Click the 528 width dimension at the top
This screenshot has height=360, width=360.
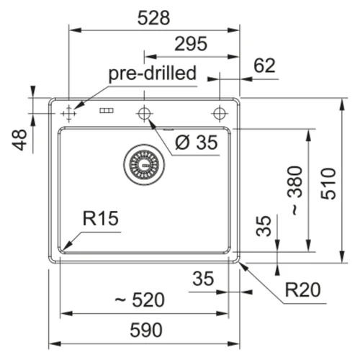[x=153, y=18]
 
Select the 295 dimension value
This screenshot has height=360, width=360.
[x=191, y=44]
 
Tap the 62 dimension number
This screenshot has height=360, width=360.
[x=264, y=66]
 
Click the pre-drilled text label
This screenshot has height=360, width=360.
[x=153, y=73]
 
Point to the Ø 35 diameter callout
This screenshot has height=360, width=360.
[x=197, y=143]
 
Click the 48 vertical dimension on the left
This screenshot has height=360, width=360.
[x=19, y=140]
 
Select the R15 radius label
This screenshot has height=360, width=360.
[x=101, y=218]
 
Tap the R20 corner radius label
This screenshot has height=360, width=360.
[x=302, y=290]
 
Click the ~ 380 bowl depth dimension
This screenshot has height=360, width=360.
[x=295, y=190]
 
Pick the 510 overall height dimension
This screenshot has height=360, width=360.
[x=328, y=184]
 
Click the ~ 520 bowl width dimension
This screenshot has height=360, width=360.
[x=140, y=300]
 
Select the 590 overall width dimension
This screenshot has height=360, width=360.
[x=146, y=330]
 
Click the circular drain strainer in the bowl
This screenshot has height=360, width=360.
[x=144, y=165]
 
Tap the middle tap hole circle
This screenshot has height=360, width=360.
[x=144, y=113]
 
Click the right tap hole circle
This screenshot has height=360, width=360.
[x=220, y=113]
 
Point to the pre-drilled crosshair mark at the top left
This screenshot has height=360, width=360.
[x=69, y=113]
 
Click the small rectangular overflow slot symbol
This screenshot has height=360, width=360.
[x=107, y=111]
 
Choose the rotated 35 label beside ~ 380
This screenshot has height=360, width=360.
[x=264, y=226]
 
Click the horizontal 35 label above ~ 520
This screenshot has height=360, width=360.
[x=203, y=279]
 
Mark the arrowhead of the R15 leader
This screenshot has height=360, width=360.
[x=63, y=250]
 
